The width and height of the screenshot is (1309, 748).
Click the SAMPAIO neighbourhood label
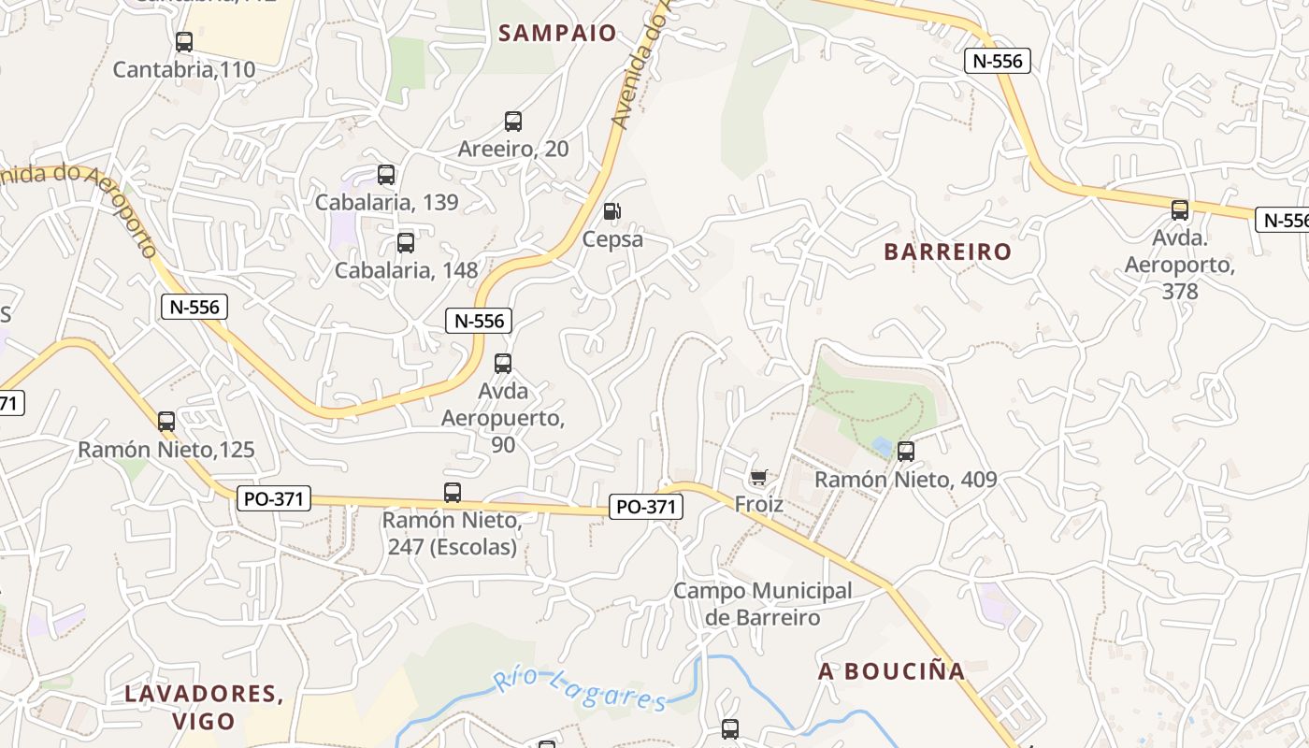[x=557, y=34]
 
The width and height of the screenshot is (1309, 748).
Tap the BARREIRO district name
[x=947, y=252]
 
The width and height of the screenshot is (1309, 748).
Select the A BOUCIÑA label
[x=891, y=671]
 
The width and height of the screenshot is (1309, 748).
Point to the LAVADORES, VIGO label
[x=204, y=707]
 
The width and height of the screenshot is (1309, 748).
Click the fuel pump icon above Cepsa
[x=611, y=211]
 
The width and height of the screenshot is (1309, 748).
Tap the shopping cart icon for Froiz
[x=758, y=478]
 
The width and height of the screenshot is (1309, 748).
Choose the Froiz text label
[x=758, y=505]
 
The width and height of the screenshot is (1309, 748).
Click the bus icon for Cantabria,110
[x=184, y=42]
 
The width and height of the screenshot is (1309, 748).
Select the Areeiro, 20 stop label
[x=512, y=149]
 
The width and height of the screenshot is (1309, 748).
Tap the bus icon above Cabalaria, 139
[x=386, y=175]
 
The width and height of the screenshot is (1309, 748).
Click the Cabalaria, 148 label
[x=406, y=271]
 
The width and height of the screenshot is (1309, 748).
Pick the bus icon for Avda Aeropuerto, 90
[x=503, y=364]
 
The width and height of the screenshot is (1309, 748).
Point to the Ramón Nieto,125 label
[x=165, y=450]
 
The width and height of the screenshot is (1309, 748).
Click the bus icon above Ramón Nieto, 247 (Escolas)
[x=453, y=493]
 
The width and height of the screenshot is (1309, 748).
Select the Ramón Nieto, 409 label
[x=905, y=480]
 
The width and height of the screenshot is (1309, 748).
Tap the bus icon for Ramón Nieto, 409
[x=905, y=452]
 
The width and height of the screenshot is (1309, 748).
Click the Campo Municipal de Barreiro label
[x=763, y=604]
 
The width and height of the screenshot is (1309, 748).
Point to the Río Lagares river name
[x=580, y=690]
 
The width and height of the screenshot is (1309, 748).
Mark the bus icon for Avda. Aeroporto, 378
[x=1180, y=210]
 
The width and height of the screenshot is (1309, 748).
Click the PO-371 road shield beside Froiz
[x=646, y=507]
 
